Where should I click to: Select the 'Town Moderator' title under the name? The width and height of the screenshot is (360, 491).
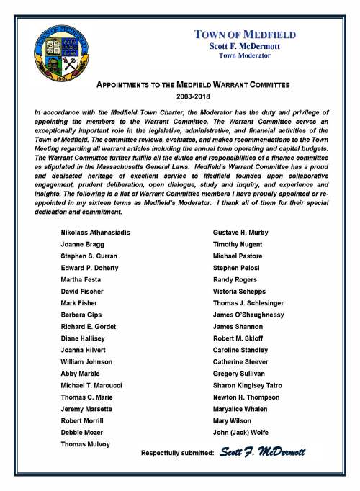(245, 55)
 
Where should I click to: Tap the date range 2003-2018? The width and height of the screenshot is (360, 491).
(193, 96)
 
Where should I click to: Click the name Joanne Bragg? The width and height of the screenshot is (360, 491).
(81, 244)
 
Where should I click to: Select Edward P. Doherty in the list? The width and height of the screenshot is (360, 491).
(88, 268)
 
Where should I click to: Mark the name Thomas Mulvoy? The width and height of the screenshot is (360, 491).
(85, 443)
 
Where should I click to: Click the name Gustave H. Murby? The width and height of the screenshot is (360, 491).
(242, 233)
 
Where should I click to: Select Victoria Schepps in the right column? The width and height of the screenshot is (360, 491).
(240, 292)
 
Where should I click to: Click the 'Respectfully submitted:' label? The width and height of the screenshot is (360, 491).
(178, 453)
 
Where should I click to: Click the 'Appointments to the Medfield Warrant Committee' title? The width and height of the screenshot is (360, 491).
(193, 84)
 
